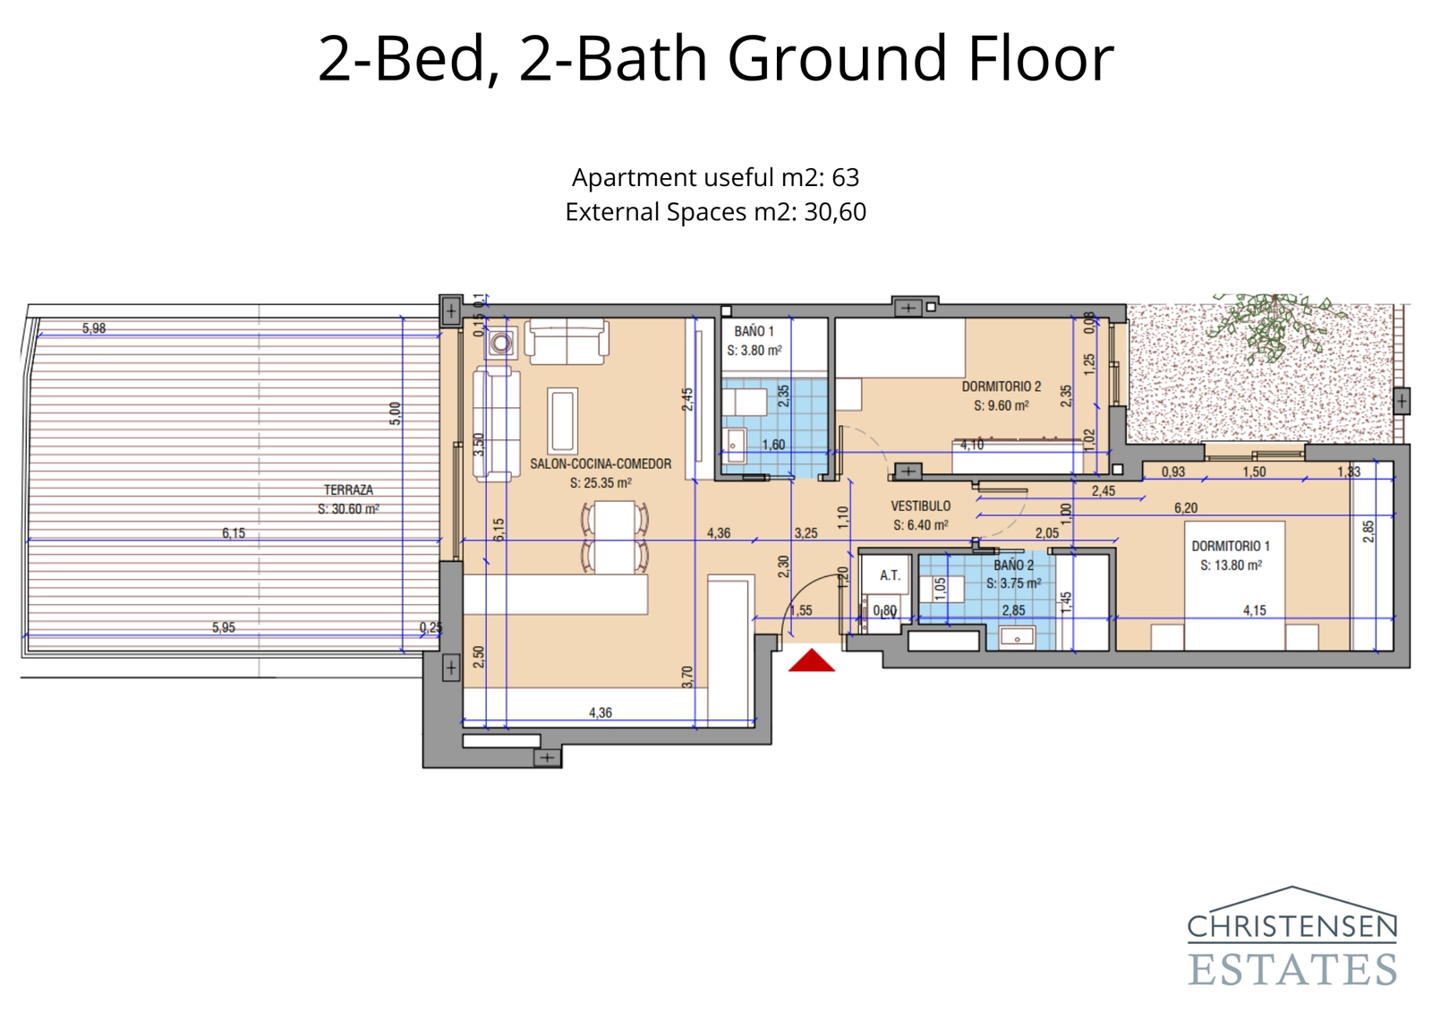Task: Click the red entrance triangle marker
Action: [x=811, y=661]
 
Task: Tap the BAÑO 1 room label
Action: [x=754, y=331]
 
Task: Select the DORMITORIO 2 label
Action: [x=1001, y=387]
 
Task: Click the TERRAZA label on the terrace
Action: [x=348, y=489]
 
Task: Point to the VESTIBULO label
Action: [x=920, y=506]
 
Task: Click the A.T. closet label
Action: [x=889, y=575]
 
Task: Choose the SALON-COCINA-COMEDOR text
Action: [x=600, y=463]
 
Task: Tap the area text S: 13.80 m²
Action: [x=1231, y=566]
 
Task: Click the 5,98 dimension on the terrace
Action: [x=94, y=328]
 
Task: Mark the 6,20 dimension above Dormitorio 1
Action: [x=1185, y=507]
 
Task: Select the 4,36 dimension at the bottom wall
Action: [x=601, y=712]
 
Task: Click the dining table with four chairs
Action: [x=615, y=536]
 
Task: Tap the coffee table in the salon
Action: [x=562, y=419]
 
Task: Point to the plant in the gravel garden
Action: [x=1273, y=324]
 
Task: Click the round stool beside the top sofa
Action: [x=501, y=342]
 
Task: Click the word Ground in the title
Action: [x=837, y=58]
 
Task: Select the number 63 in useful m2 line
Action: [x=845, y=177]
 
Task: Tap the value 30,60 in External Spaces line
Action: [x=834, y=212]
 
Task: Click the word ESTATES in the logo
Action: [x=1291, y=970]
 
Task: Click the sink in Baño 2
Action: [x=1017, y=637]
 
